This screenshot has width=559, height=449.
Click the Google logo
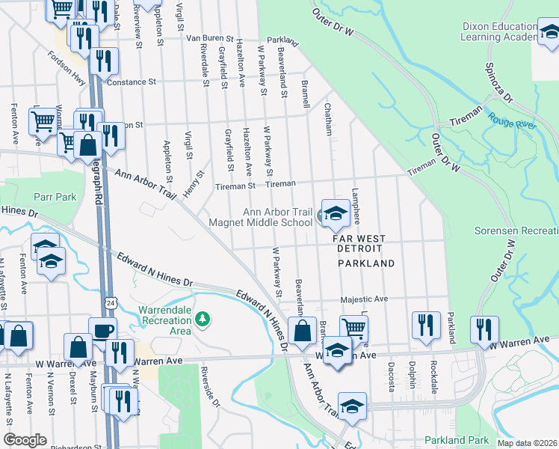pos(25,440)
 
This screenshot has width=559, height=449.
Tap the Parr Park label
pos(55,197)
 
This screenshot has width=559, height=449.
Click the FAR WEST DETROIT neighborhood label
pos(359,243)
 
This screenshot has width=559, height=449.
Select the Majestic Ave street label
pos(364,299)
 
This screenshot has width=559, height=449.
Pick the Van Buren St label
pos(210,37)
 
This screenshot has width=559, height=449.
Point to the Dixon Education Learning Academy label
pos(498,31)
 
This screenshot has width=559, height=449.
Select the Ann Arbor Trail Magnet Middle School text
pos(277,217)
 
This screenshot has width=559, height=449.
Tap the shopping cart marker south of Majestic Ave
pos(353,327)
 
